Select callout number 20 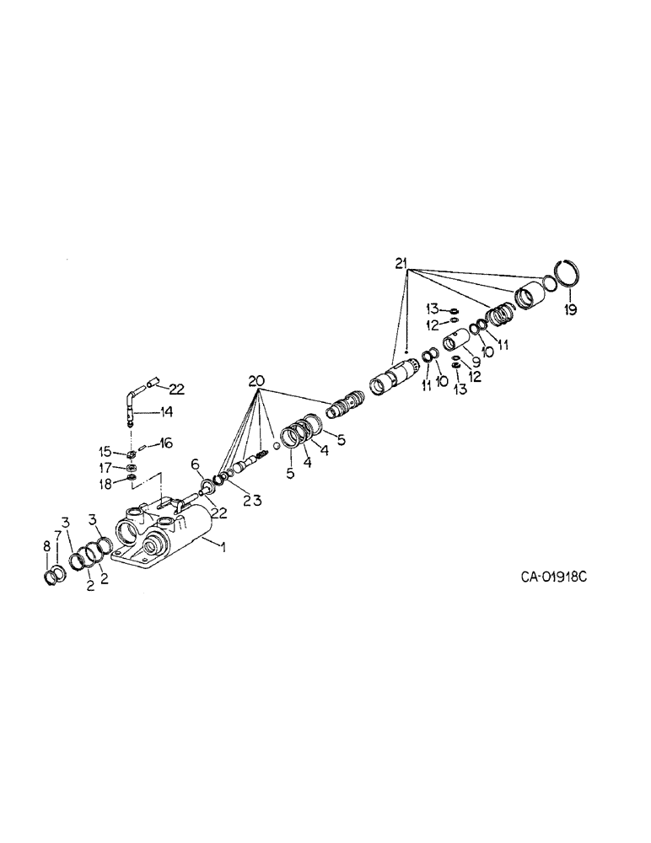(x=258, y=380)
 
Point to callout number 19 (x=570, y=310)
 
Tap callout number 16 (x=166, y=442)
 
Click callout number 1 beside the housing (x=223, y=547)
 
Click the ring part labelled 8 (x=54, y=576)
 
